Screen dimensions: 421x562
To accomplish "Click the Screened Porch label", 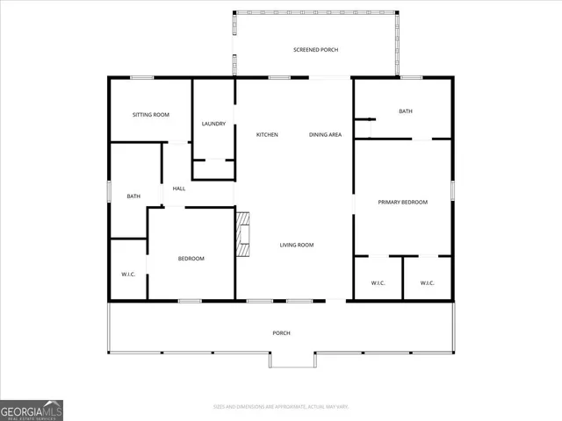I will (315, 50).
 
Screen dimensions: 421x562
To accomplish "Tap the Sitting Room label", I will (150, 115).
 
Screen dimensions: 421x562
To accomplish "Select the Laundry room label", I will (213, 124).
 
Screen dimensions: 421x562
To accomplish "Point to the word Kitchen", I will (267, 134).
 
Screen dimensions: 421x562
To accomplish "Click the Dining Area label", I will (325, 134).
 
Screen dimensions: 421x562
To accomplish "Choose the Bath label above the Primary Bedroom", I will (405, 111).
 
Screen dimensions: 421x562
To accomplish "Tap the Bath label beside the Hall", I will (133, 196).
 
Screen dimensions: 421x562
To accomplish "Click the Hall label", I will (178, 189).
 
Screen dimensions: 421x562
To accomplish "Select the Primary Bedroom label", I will (402, 203).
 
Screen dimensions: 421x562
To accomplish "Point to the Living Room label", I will (297, 245).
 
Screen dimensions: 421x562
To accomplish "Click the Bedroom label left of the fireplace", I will (191, 258).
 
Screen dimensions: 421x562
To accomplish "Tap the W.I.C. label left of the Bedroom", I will (127, 275).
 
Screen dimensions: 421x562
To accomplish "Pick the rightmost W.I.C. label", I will (427, 282).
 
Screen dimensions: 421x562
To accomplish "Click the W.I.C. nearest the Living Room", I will (378, 282).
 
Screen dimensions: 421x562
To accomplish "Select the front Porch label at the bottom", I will (281, 332).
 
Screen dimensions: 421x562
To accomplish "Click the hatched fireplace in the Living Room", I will (242, 233).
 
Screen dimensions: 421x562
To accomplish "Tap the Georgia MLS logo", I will (32, 410).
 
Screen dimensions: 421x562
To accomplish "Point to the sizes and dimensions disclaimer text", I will (281, 406).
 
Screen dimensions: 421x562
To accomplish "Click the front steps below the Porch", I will (292, 360).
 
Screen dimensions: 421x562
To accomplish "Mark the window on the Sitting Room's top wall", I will (142, 78).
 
